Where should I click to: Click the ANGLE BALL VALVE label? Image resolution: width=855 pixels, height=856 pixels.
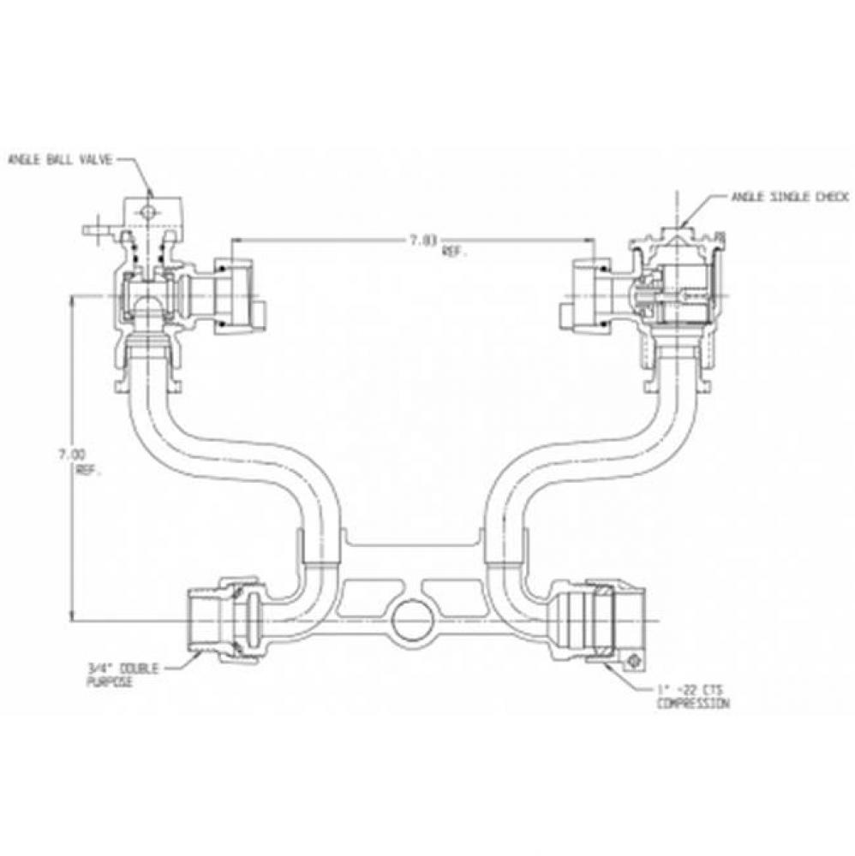tap(60, 159)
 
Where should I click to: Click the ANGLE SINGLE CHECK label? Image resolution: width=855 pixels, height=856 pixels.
tap(788, 197)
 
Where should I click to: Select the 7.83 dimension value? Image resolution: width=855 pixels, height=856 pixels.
tap(422, 241)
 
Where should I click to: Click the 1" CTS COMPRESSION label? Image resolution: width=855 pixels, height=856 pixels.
tap(692, 697)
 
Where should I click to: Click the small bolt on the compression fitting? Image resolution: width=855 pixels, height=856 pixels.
tap(635, 662)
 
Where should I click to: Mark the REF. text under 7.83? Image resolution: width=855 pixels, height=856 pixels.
tap(451, 254)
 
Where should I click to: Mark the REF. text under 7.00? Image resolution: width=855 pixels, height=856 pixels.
tap(86, 469)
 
